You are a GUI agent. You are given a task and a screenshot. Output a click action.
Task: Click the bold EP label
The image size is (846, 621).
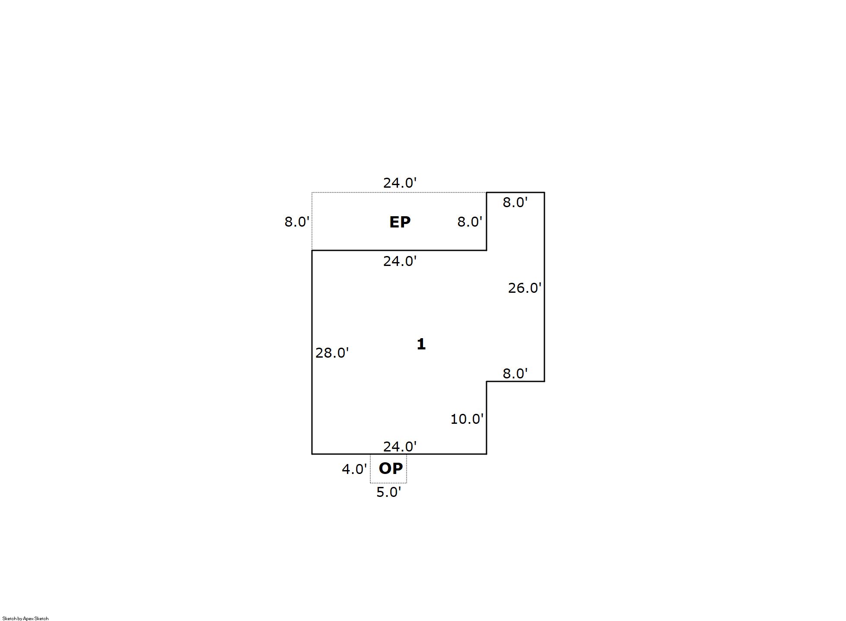[400, 222]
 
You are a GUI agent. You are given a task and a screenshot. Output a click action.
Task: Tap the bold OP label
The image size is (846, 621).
[391, 468]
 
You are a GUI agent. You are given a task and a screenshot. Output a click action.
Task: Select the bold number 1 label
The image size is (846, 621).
[421, 344]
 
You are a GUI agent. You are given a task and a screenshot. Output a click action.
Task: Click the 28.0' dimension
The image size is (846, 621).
[332, 353]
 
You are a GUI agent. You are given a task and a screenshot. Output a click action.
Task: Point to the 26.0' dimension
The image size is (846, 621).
[525, 288]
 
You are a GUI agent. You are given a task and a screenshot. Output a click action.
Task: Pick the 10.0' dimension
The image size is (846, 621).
[467, 419]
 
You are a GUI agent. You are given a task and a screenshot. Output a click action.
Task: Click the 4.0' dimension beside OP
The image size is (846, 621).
[354, 469]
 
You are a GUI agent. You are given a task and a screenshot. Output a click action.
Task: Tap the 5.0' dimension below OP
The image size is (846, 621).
[388, 492]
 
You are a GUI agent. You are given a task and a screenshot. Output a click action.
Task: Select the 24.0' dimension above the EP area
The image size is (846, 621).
[400, 183]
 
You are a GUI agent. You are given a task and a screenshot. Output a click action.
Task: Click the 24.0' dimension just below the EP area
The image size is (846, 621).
[400, 261]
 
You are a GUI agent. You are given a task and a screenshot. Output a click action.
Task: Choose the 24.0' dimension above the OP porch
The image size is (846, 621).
[400, 446]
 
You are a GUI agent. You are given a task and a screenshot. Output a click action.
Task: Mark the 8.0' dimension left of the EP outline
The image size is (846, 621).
[297, 222]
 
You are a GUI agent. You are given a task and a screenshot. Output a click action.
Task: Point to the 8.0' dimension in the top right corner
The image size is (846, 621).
[515, 202]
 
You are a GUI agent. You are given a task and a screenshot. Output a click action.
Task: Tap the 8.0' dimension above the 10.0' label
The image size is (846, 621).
[515, 373]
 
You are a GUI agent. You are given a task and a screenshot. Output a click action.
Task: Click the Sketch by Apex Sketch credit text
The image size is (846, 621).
[25, 618]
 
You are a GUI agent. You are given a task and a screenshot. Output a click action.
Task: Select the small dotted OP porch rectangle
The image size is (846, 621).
[388, 468]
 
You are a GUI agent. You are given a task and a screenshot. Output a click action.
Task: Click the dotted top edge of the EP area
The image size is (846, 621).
[399, 192]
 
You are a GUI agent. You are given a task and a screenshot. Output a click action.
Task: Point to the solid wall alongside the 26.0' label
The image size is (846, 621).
[544, 287]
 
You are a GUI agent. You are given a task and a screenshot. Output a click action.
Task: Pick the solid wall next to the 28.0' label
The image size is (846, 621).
[312, 352]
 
